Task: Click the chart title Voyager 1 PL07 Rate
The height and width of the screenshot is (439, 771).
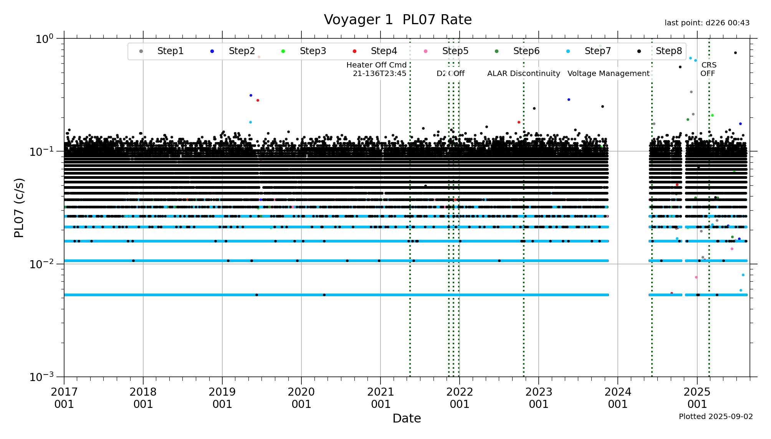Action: [397, 20]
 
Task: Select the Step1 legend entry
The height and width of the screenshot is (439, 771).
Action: [170, 51]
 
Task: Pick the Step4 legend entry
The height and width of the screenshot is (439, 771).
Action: [384, 51]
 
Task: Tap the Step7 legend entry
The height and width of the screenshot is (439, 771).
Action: [597, 51]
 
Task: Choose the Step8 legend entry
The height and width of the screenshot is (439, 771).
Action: [668, 51]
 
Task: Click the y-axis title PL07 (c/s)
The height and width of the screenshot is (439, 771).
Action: [19, 208]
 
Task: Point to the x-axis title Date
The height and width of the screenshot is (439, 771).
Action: [407, 418]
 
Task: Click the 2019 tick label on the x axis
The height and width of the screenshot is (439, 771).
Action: [222, 398]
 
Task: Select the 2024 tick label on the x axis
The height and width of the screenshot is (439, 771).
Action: [618, 398]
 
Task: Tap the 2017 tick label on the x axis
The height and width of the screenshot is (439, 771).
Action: [64, 398]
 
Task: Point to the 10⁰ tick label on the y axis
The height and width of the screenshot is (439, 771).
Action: [44, 39]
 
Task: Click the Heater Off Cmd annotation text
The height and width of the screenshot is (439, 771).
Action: [377, 69]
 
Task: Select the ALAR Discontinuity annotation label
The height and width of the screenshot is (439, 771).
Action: [523, 73]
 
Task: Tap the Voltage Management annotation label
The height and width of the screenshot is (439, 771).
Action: [608, 73]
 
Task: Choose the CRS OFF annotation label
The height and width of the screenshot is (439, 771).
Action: [708, 69]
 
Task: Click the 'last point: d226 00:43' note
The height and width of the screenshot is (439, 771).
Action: [707, 23]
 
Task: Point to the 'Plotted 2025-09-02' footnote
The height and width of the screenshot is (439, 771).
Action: [716, 416]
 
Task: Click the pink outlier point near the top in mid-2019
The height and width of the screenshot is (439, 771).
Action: [259, 57]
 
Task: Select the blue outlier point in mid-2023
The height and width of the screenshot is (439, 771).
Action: [569, 99]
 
